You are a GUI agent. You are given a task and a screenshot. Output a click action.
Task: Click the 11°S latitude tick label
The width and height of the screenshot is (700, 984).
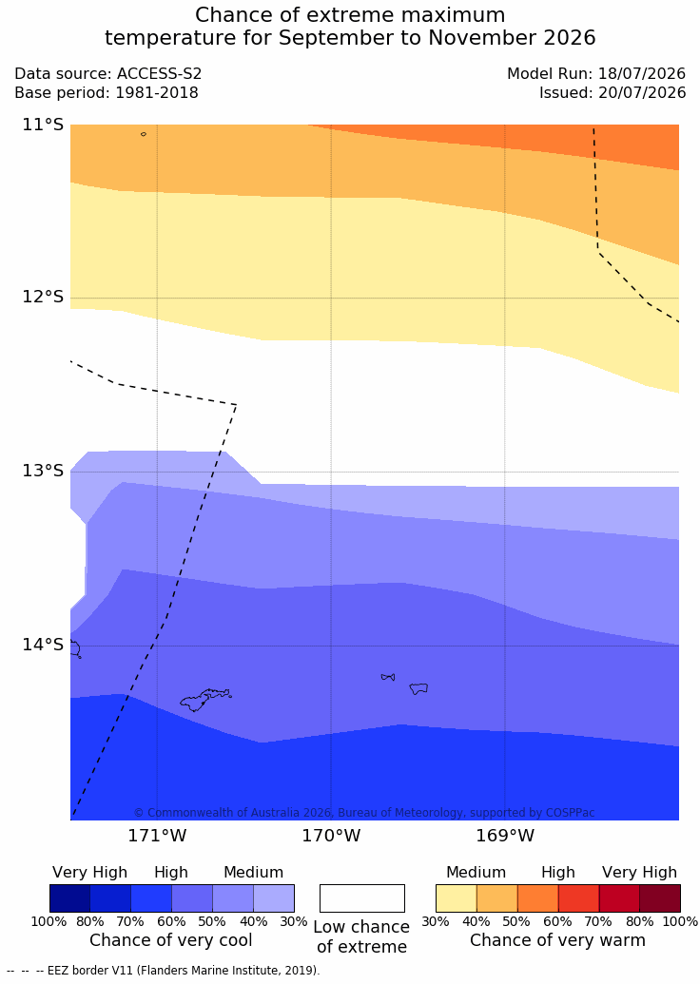44,125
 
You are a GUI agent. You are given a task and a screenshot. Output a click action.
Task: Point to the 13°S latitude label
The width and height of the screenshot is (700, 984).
44,471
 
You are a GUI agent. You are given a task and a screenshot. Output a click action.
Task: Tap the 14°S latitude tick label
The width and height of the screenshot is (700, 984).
44,645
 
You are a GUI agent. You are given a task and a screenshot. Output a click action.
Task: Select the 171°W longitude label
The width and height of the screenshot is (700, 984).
158,836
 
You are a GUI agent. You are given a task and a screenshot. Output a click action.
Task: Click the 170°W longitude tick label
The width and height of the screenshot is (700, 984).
332,836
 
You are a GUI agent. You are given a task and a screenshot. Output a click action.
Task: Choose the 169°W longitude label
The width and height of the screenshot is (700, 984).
505,836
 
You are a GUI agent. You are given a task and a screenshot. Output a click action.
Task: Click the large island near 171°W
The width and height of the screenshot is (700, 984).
205,699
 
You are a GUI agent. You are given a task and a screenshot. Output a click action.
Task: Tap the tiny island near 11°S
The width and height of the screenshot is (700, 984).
144,134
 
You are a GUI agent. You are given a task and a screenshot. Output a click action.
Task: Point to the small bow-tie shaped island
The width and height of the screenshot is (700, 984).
388,677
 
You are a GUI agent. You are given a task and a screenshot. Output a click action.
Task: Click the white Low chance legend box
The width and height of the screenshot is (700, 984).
362,898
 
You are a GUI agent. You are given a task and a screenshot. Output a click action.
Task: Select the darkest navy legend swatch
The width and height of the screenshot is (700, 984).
69,898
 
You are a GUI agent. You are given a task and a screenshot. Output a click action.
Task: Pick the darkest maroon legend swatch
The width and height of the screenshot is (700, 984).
660,898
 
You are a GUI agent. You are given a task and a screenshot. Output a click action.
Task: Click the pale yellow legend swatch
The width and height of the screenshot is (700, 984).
457,898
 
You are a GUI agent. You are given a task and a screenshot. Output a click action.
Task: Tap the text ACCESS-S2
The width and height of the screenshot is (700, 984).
160,74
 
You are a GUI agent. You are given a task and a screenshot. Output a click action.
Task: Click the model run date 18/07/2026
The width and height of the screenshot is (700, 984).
642,74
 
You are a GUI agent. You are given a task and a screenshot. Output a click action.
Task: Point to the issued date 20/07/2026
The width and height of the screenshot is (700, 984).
642,93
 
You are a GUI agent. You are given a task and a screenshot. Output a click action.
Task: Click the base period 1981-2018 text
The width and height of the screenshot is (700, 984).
156,93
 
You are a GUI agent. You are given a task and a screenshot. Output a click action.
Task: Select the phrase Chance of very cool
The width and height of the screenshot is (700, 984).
171,940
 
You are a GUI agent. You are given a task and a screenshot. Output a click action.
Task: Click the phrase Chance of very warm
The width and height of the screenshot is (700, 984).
557,940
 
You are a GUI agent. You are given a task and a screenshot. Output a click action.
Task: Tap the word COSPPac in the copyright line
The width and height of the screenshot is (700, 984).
569,813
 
